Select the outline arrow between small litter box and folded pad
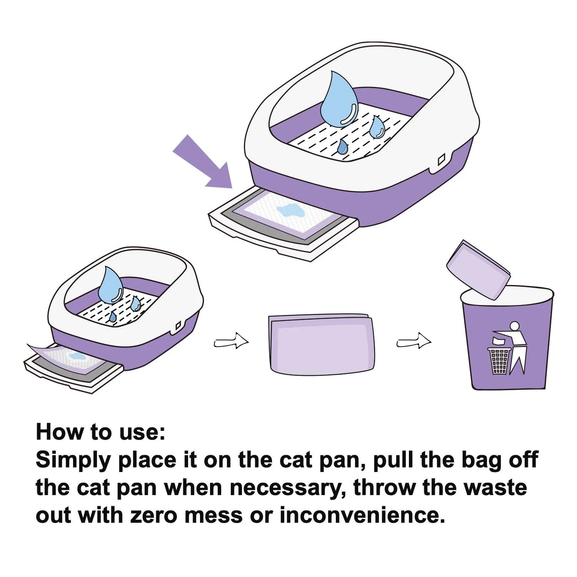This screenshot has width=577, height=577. [x=231, y=342]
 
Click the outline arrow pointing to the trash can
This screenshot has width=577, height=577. [x=414, y=342]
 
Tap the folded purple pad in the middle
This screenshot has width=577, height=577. [x=321, y=344]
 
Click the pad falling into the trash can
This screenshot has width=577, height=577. [x=478, y=269]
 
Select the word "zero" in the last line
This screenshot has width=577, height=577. [x=153, y=516]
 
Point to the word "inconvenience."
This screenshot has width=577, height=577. [x=362, y=516]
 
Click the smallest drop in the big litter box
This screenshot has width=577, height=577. [x=342, y=147]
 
